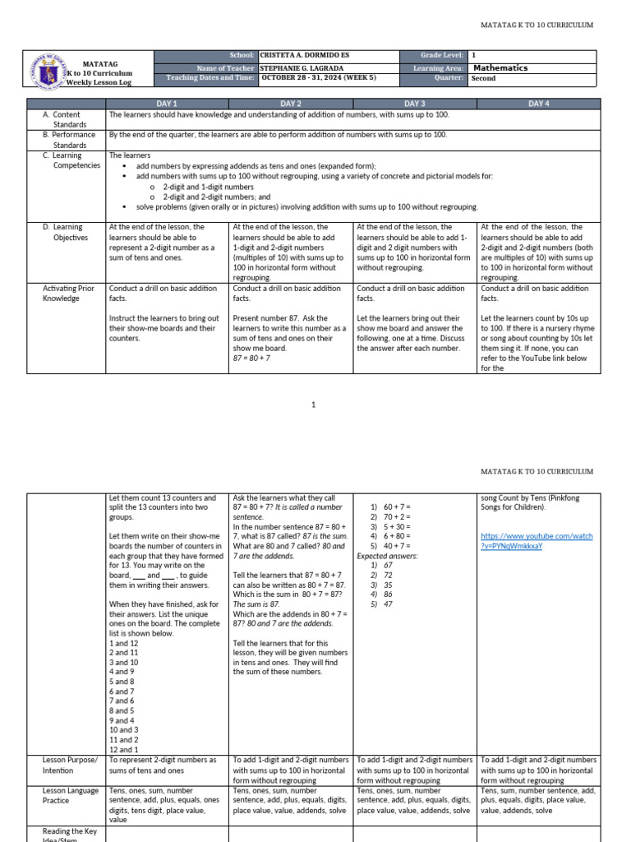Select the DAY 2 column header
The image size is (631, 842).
[x=292, y=103]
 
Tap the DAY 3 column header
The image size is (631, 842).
[x=415, y=103]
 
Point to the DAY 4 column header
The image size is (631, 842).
[x=539, y=103]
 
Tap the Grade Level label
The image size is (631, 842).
[x=444, y=55]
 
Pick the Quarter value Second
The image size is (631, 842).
[x=483, y=79]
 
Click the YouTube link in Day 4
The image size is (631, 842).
[x=537, y=540]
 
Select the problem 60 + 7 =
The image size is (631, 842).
[x=391, y=507]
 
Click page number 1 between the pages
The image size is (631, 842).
[x=314, y=405]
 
